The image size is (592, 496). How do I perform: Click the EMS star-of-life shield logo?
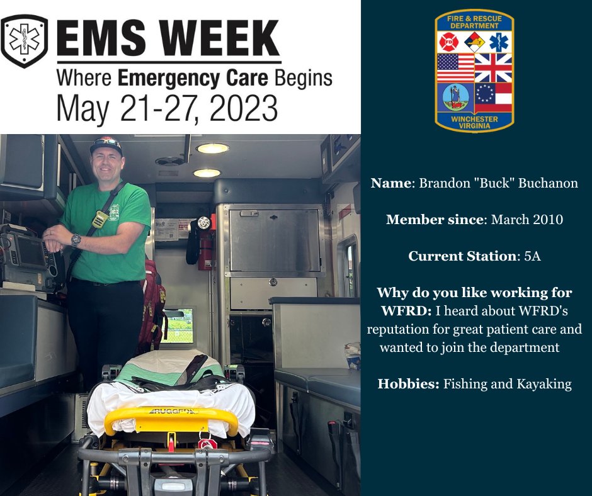[x=24, y=41]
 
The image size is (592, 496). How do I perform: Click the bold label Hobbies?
[x=407, y=384]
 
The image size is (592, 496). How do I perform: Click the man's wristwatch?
[x=76, y=239]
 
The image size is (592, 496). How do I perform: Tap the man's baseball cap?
[x=106, y=145]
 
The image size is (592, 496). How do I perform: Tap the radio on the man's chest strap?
[x=100, y=218]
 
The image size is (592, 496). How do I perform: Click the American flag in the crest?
[x=455, y=67]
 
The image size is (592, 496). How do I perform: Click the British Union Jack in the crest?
[x=494, y=67]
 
